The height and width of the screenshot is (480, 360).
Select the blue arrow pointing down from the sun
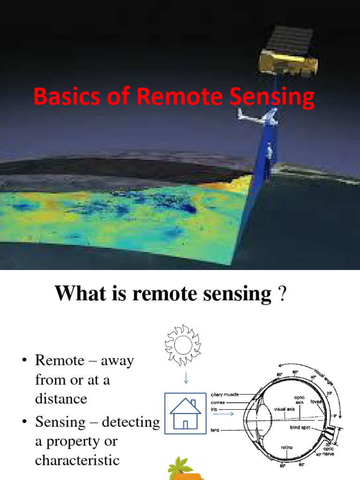[186, 378]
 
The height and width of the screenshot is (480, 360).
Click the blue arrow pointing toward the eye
[225, 413]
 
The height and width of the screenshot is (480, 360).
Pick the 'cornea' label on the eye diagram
[218, 402]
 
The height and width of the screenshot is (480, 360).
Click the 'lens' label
[215, 429]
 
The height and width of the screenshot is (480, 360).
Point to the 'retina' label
[287, 447]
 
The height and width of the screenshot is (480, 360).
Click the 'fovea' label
[315, 401]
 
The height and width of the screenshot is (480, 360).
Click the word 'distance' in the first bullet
[61, 399]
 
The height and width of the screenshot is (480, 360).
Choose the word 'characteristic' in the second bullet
[77, 460]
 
